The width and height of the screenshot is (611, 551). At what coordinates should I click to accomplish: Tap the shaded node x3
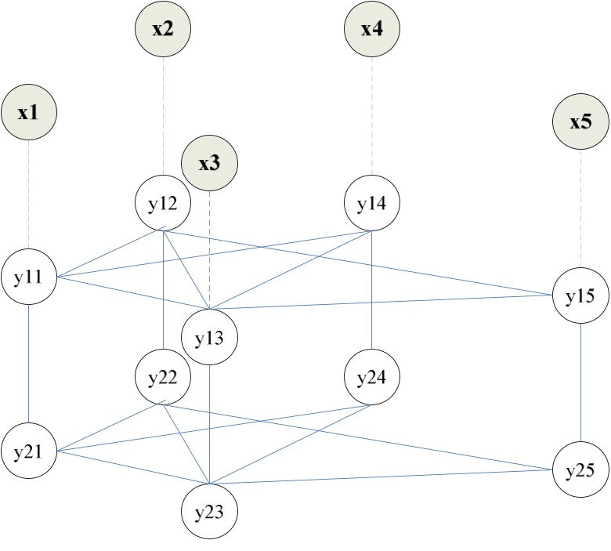(x=209, y=165)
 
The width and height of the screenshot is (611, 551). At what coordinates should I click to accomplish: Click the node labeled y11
(x=28, y=277)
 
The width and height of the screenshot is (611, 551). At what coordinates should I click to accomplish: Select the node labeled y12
(x=163, y=205)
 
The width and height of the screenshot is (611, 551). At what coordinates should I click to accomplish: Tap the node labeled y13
(x=209, y=339)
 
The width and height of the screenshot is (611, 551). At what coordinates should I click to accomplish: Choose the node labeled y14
(x=372, y=205)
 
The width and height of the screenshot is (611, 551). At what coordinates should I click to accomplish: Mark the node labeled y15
(x=580, y=295)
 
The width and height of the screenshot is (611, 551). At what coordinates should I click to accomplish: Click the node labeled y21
(x=28, y=452)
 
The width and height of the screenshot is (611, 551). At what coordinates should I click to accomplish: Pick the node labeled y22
(x=163, y=378)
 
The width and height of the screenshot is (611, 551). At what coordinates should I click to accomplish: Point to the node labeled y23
(x=209, y=513)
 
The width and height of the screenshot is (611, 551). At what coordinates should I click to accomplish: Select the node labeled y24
(x=372, y=378)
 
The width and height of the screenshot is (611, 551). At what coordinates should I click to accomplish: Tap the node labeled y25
(x=580, y=470)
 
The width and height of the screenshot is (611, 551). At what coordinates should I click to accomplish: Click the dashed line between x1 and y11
(x=29, y=196)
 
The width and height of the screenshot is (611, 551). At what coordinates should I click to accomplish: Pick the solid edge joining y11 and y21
(x=29, y=364)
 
